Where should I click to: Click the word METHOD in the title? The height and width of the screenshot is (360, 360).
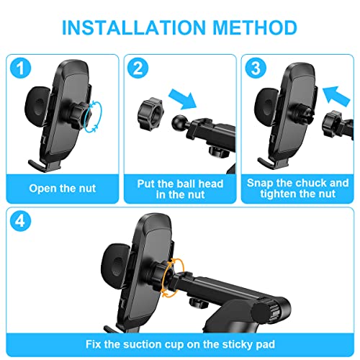[x=256, y=27]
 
